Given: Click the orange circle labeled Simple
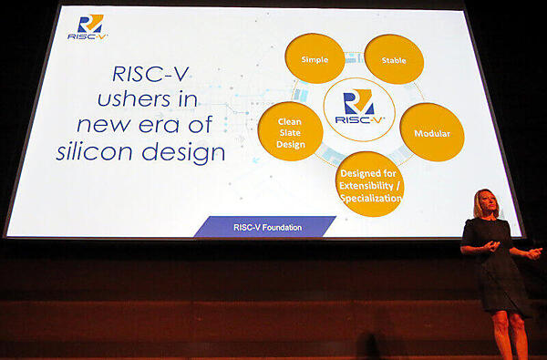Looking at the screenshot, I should pos(315,59).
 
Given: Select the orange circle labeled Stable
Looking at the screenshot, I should pos(394,60).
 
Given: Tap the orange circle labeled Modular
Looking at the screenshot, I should pos(432,133).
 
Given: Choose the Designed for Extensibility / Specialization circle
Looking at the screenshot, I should pos(370,183).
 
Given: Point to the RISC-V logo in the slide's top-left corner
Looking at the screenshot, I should pos(88,27).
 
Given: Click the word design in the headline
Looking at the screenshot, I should pos(189,152).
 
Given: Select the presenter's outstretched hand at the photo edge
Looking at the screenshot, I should pos(535,252).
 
